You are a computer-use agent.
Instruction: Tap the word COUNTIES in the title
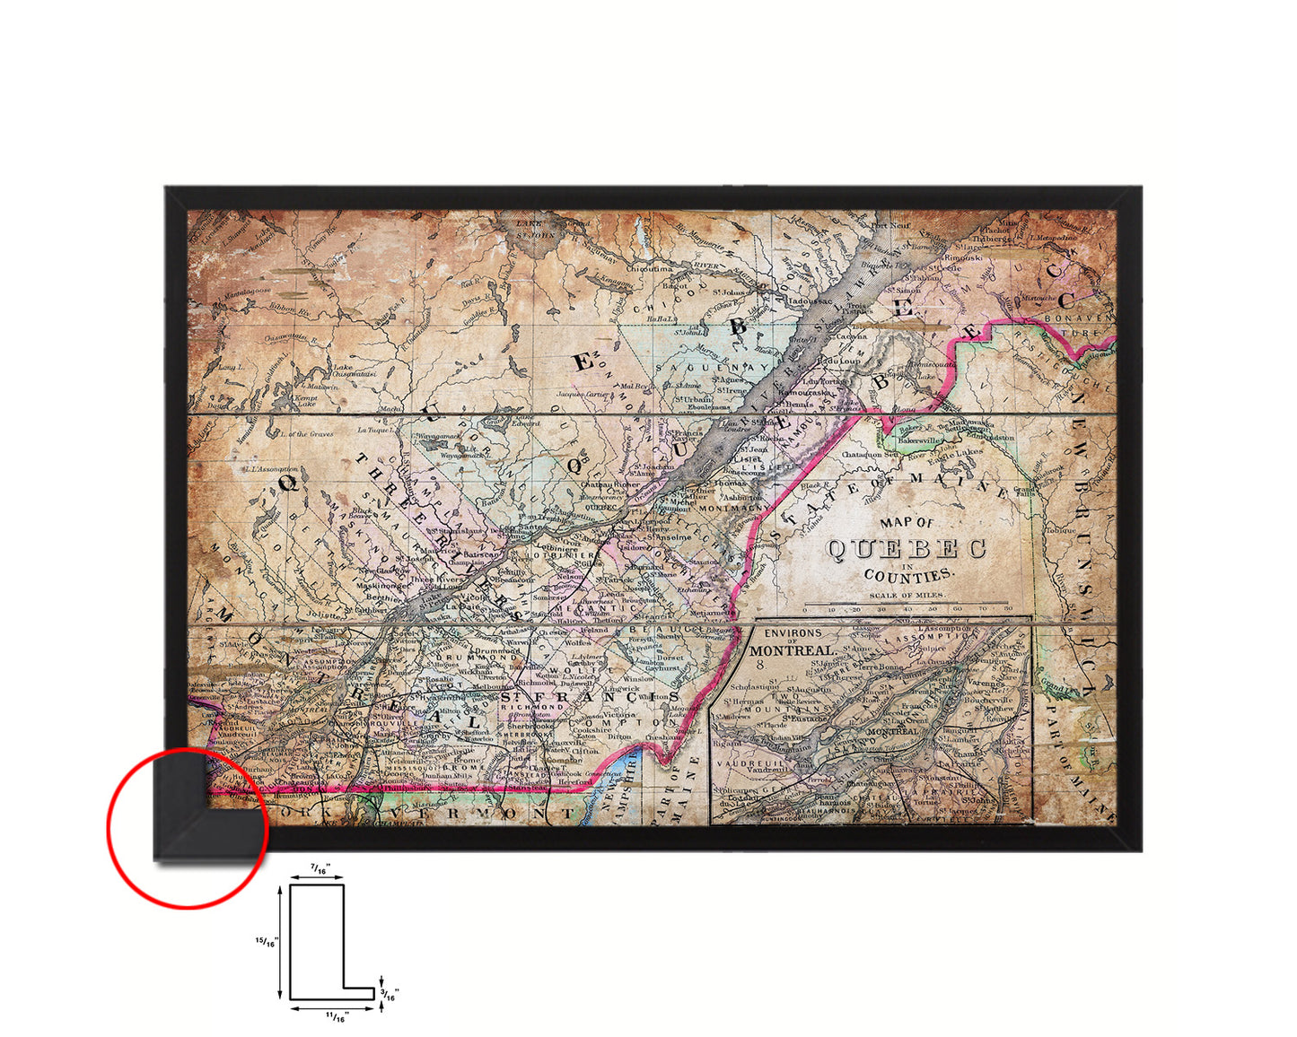(x=909, y=575)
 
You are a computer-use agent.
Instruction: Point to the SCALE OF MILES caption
(x=907, y=595)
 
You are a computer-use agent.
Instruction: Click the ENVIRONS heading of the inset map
(x=793, y=633)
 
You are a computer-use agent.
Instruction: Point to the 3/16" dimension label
(x=390, y=994)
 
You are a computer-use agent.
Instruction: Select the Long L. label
(x=231, y=367)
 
